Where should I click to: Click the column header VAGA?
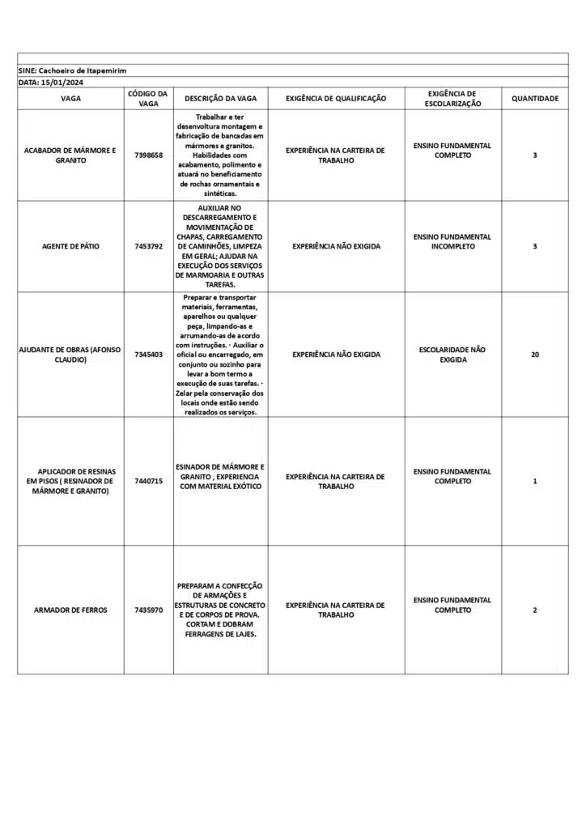tap(70, 99)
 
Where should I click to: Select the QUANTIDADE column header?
tap(534, 99)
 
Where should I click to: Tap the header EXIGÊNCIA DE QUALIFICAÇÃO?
tap(336, 99)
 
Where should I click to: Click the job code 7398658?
tap(148, 155)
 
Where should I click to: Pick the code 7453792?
tap(148, 246)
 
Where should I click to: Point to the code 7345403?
tap(148, 355)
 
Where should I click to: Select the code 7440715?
tap(148, 482)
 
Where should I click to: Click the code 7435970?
tap(148, 610)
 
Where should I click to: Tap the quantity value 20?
tap(534, 355)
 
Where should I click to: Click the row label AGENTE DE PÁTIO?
tap(70, 246)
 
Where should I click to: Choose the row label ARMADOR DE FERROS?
tap(70, 610)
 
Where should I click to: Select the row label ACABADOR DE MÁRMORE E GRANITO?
tap(70, 155)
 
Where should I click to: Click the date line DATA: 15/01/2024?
tap(51, 83)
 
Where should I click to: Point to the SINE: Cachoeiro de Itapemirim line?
tap(72, 71)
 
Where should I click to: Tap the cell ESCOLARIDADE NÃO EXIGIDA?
tap(452, 355)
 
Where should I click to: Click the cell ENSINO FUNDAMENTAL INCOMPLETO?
tap(452, 241)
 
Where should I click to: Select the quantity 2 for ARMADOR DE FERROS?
tap(534, 610)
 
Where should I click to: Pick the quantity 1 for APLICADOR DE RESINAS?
tap(534, 482)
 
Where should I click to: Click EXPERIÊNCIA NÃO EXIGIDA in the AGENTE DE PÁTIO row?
tap(336, 246)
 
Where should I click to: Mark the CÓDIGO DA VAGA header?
tap(148, 99)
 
